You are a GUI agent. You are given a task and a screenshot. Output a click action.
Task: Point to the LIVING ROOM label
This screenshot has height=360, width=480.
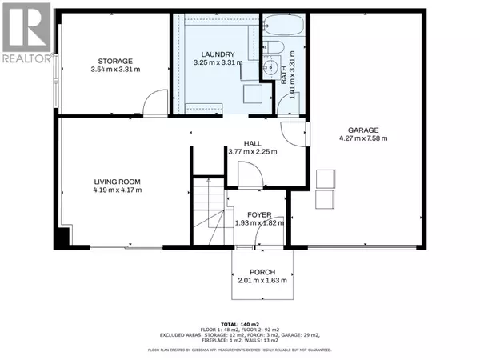[118, 182]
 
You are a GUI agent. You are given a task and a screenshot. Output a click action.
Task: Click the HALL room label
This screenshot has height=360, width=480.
[252, 142]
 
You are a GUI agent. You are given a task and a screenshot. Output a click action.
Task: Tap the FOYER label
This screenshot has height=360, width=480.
[258, 215]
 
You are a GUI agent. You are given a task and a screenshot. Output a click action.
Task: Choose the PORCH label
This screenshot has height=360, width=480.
[262, 272]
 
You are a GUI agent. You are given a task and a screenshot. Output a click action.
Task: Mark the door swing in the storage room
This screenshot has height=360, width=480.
[153, 102]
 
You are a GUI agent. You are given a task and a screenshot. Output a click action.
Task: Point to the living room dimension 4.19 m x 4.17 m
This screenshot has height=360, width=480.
[118, 190]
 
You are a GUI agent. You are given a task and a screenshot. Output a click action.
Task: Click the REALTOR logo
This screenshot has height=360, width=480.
[26, 32]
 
